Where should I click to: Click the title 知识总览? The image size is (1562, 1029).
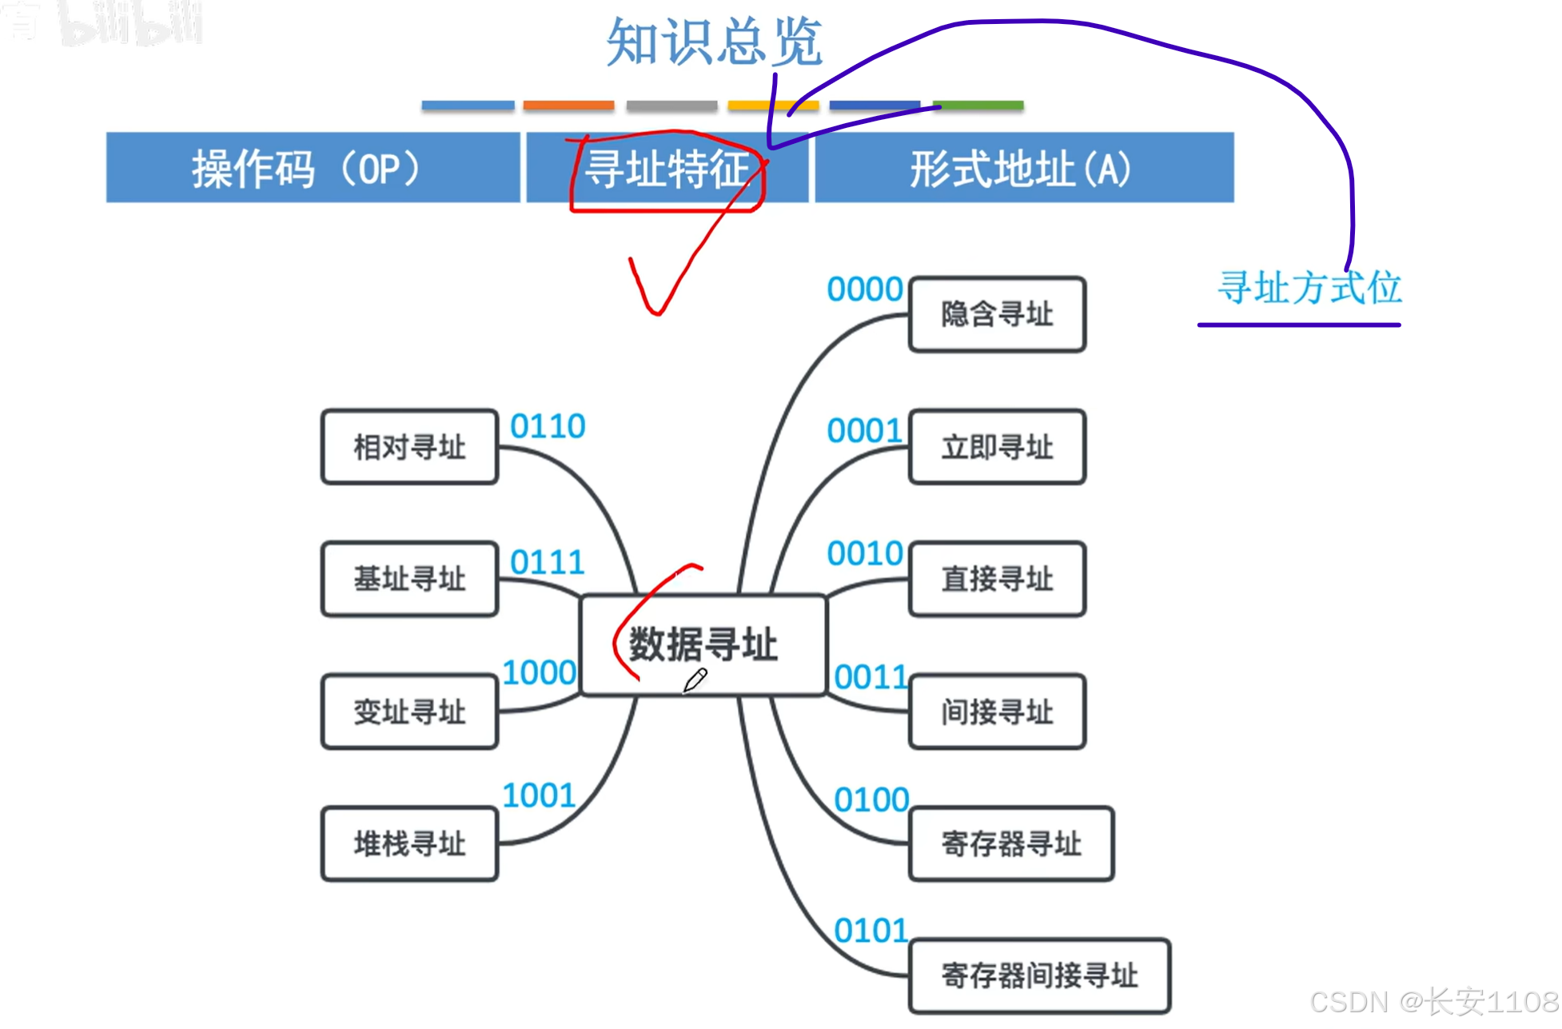tap(714, 42)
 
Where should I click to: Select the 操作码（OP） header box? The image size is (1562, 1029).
tap(312, 168)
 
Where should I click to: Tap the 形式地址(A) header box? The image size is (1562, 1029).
tap(1022, 168)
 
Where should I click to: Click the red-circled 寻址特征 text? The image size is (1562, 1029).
tap(667, 170)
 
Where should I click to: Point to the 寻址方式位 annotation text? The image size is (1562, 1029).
tap(1309, 288)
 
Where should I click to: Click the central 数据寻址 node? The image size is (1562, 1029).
tap(703, 644)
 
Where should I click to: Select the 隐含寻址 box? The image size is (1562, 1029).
tap(997, 314)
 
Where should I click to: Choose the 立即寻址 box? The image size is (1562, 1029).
tap(997, 447)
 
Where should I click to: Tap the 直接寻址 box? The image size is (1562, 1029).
tap(997, 579)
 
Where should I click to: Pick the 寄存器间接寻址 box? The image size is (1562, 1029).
tap(1039, 975)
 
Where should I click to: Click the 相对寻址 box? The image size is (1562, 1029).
tap(409, 447)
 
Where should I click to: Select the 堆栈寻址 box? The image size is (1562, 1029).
tap(409, 844)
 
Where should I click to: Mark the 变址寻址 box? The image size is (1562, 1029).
tap(409, 712)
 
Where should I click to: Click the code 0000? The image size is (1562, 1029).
tap(864, 289)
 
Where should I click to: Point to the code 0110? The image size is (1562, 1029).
tap(548, 426)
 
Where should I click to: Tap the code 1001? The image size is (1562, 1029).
tap(539, 796)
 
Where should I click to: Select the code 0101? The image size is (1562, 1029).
tap(871, 931)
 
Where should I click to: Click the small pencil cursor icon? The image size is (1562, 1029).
tap(695, 680)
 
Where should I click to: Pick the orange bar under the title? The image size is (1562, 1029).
tap(568, 106)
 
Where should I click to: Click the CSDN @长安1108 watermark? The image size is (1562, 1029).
tap(1434, 1002)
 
